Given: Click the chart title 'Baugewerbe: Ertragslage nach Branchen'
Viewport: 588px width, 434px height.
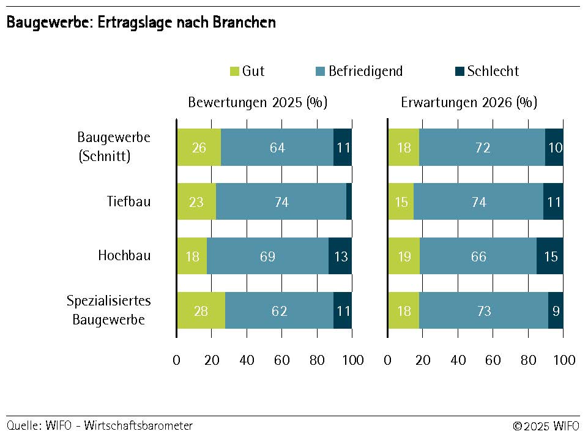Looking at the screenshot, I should (x=141, y=23).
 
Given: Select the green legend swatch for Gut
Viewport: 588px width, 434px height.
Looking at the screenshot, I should (x=235, y=72).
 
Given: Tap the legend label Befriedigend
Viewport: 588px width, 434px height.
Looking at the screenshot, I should (x=365, y=71).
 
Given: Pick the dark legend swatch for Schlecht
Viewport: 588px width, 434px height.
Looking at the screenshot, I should (x=460, y=72).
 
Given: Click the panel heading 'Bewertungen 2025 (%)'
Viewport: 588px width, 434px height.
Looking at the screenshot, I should (x=258, y=102).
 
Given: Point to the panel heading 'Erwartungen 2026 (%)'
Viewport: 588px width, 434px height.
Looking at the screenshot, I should (x=469, y=102).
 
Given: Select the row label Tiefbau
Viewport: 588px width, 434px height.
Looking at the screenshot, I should (x=128, y=201).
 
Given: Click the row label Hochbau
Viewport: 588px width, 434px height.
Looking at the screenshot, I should (x=124, y=255).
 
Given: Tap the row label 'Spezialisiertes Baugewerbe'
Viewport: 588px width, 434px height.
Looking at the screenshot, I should (x=109, y=310).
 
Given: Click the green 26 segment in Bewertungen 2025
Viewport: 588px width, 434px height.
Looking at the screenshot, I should (x=199, y=148).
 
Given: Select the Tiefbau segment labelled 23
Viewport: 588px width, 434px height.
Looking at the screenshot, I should (x=196, y=201).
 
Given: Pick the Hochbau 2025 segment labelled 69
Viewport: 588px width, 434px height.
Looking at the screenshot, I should (x=267, y=256).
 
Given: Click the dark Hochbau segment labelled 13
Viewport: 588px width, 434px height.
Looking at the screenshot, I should (x=340, y=256).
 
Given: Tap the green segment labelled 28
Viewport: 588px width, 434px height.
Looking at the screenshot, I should (x=201, y=310).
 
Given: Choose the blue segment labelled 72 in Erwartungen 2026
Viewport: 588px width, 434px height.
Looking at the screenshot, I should (x=482, y=148).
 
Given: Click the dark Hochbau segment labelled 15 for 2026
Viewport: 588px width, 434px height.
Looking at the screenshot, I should (x=550, y=256).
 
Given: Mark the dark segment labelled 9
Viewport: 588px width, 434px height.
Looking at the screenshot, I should (x=556, y=310).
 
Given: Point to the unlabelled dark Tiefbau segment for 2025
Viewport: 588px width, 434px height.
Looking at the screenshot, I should (x=349, y=201).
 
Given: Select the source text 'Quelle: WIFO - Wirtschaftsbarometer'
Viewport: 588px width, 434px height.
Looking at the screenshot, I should (x=100, y=425).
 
